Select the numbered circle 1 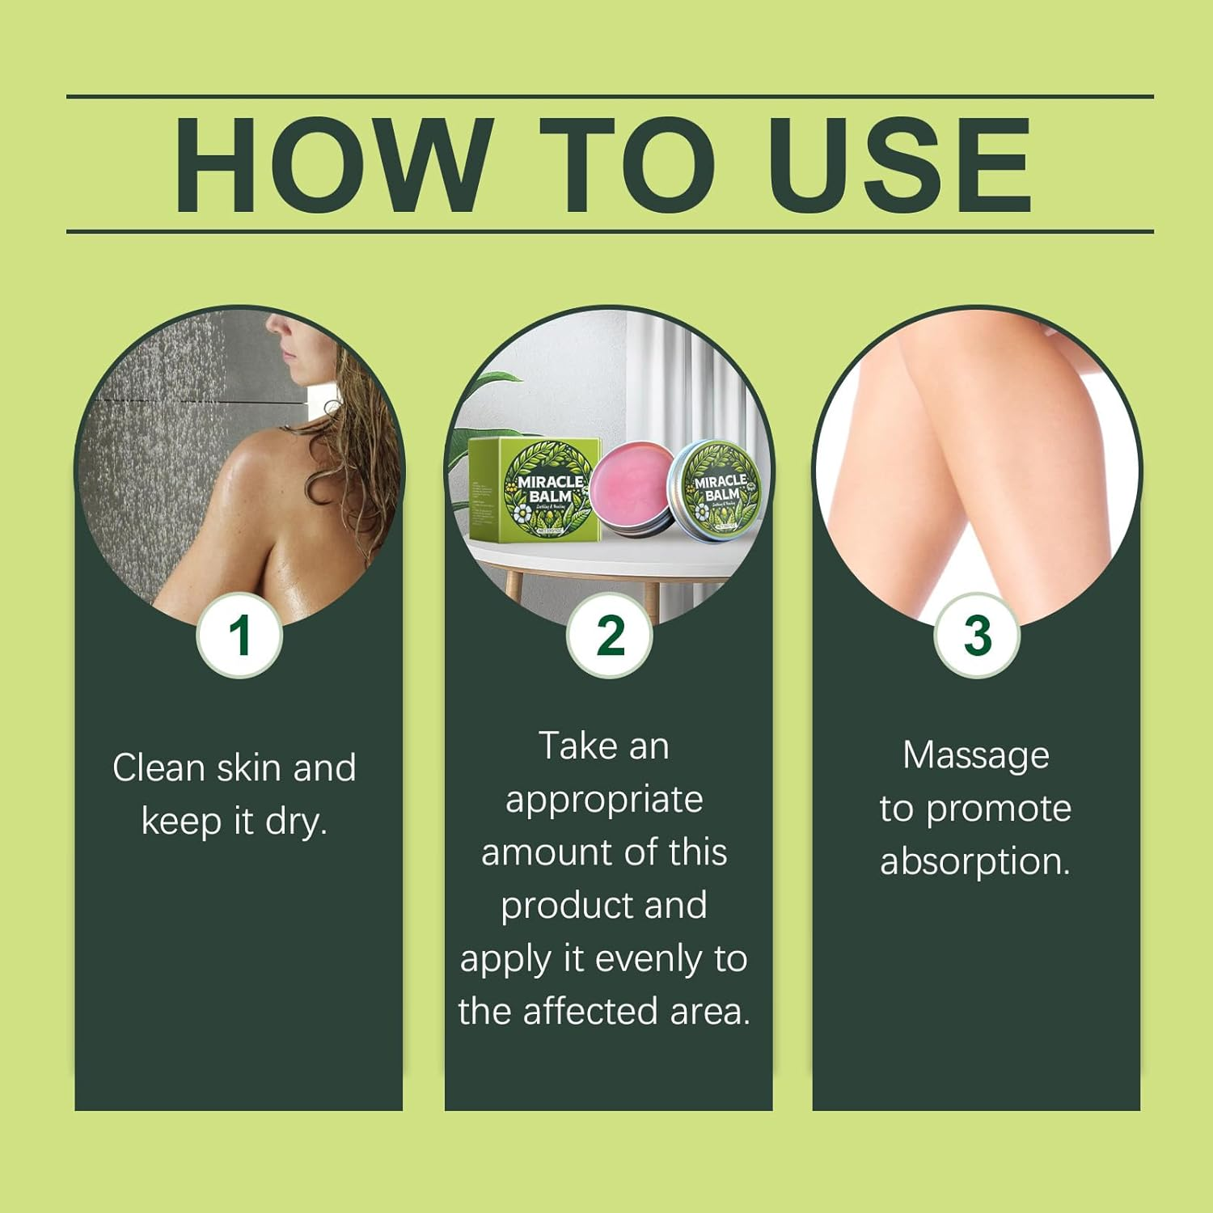click(239, 636)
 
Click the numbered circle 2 click(610, 636)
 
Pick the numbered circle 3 click(977, 636)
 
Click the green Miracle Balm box click(535, 490)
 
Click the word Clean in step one click(158, 767)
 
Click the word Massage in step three click(975, 755)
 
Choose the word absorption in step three click(975, 862)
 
